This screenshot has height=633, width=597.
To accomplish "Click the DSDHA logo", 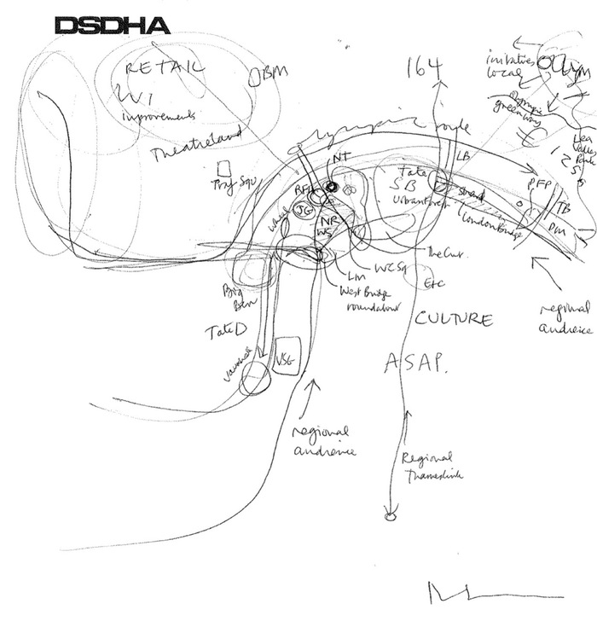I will click(x=111, y=26).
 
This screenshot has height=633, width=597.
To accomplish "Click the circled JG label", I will click(x=303, y=209).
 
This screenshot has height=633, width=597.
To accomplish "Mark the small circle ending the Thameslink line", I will click(x=390, y=515).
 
